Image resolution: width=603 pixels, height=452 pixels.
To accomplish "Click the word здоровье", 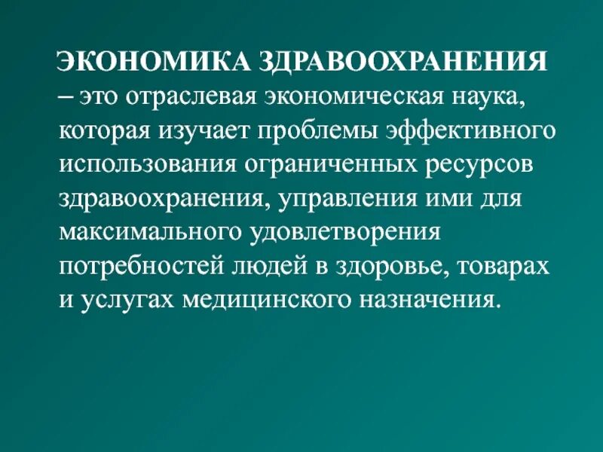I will coord(406,267).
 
